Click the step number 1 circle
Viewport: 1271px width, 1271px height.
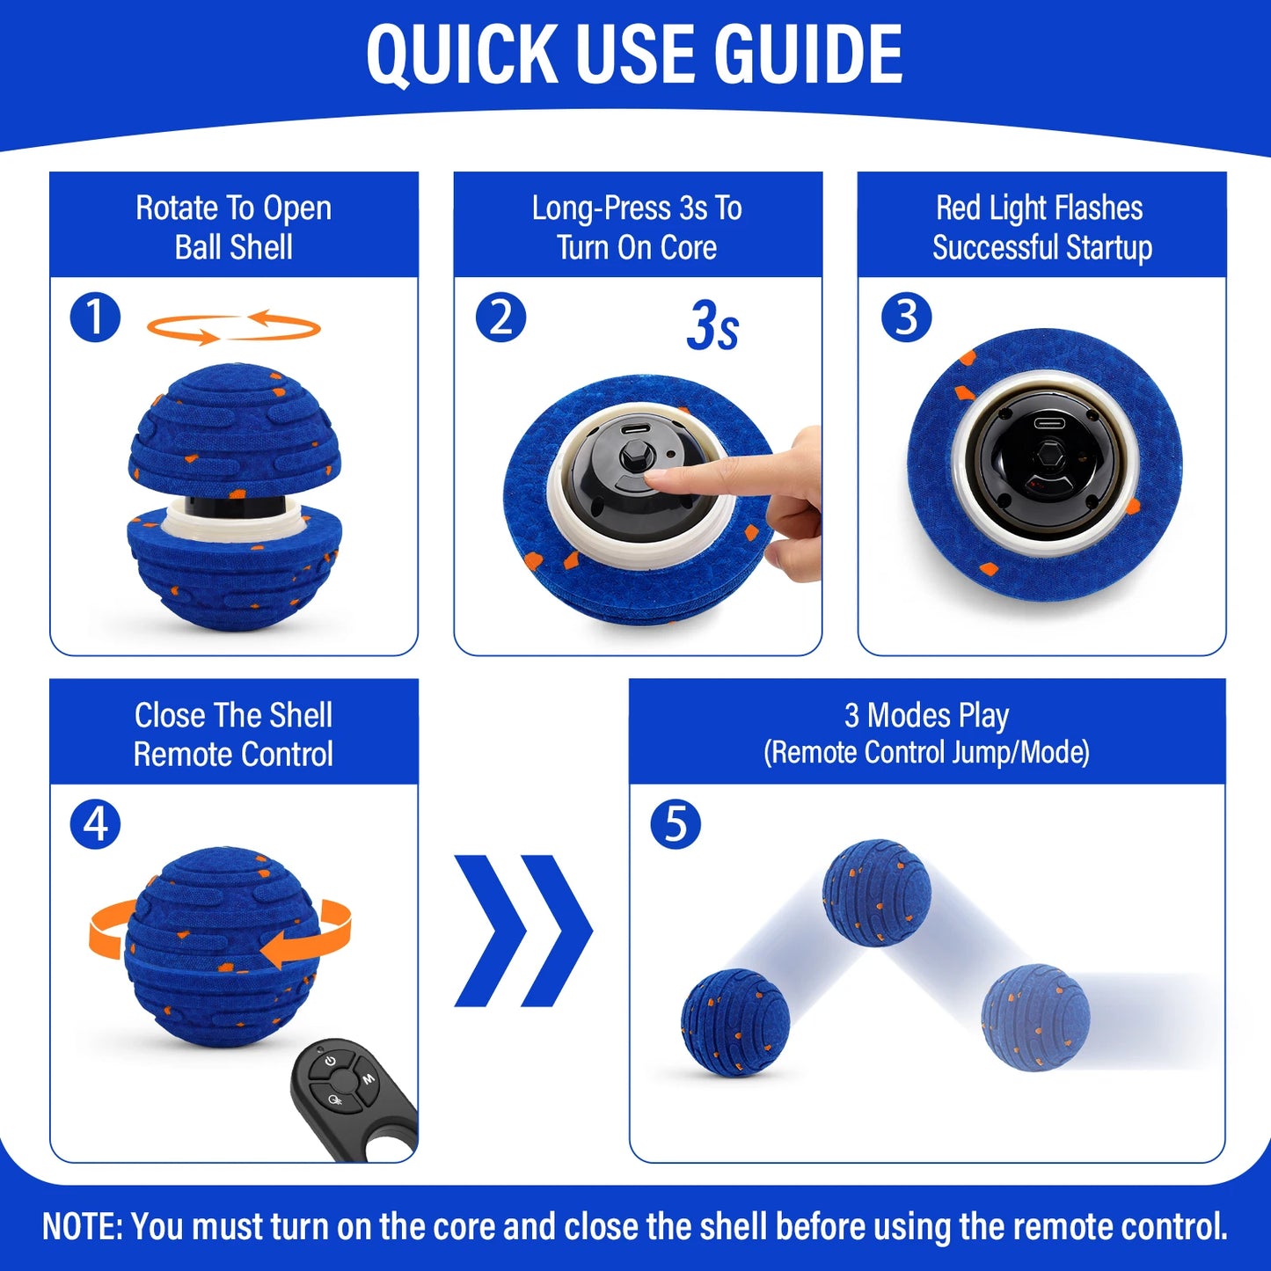point(95,318)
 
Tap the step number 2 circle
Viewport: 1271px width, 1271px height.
point(500,318)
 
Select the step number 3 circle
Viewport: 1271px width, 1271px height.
point(906,318)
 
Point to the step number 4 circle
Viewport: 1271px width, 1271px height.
point(95,824)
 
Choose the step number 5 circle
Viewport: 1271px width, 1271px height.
point(676,824)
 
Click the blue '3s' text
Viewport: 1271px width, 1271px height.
point(712,326)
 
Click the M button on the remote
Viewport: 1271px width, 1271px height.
point(369,1078)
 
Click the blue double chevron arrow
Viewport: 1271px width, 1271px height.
point(523,930)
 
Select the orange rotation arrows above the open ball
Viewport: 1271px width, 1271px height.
point(234,327)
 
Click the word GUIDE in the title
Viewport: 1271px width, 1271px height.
point(807,55)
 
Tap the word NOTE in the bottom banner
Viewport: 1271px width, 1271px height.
point(82,1226)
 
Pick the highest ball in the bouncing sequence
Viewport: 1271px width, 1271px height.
point(876,892)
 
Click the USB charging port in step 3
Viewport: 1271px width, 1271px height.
point(1048,422)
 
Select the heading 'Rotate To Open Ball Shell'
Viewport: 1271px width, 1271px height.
point(234,227)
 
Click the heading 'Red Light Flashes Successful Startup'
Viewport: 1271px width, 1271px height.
point(1041,227)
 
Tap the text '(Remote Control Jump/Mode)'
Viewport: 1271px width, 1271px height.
point(926,753)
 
